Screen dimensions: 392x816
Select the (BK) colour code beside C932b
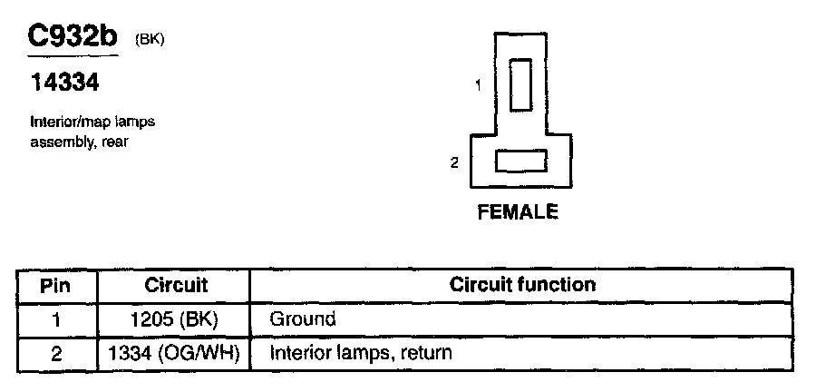click(150, 39)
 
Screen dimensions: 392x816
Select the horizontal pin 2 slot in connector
click(520, 162)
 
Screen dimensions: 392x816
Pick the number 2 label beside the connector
click(455, 162)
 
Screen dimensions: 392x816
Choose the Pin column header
click(56, 285)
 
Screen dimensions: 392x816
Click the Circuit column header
click(176, 285)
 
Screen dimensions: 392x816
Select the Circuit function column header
click(522, 285)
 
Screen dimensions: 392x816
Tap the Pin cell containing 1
click(56, 319)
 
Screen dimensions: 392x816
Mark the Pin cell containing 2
click(56, 352)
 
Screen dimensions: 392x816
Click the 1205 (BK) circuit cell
click(176, 319)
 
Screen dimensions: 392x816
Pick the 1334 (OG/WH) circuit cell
click(176, 352)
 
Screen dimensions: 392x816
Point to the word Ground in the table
click(303, 319)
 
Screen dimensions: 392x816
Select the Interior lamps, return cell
click(361, 352)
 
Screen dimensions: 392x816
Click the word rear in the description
click(114, 142)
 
